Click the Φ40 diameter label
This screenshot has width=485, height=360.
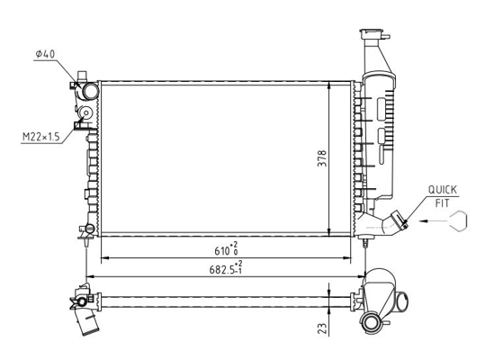45,54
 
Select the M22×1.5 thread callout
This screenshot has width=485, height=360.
41,137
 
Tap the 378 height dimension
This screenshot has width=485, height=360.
322,158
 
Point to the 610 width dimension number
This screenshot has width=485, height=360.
221,251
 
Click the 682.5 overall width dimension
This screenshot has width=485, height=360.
221,270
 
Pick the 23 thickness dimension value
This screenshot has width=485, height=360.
322,328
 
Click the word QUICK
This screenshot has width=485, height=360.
443,190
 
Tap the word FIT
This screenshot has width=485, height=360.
443,203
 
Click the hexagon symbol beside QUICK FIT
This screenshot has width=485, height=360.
458,220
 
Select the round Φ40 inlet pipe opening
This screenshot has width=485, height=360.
91,91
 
